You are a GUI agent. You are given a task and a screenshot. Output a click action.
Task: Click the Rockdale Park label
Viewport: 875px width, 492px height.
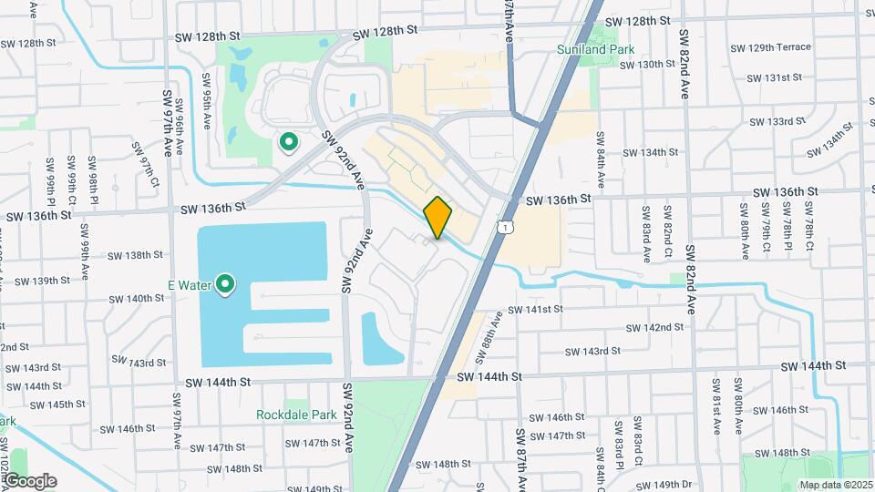(296, 415)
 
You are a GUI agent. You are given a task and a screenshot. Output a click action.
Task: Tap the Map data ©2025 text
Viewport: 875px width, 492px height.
(835, 485)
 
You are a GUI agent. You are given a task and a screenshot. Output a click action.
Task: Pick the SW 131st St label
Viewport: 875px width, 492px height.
(774, 78)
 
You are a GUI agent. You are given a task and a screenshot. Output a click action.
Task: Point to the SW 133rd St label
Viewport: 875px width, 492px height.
(776, 121)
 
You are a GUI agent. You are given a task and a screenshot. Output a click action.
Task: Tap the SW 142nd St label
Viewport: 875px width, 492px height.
(654, 327)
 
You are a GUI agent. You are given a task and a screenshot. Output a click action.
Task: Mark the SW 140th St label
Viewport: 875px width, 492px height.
(133, 298)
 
